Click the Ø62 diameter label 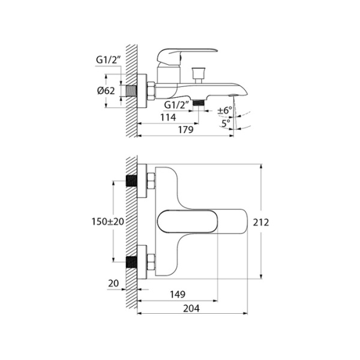pos(106,91)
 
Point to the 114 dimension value pos(170,118)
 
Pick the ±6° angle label pos(224,110)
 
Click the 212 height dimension pos(261,222)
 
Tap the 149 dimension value pos(176,295)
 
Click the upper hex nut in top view pos(150,181)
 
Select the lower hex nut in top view pos(150,262)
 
